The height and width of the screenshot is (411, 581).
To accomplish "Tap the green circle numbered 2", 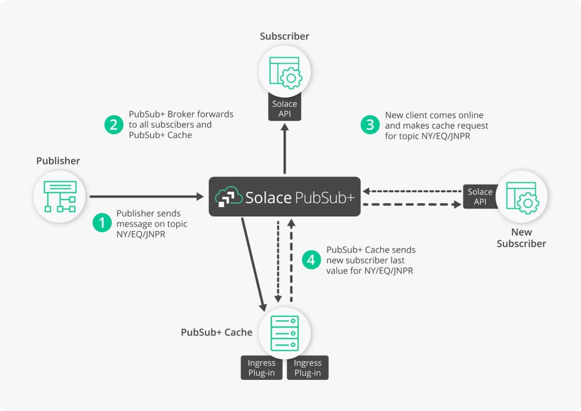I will [114, 125].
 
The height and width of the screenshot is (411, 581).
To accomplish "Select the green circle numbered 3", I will [370, 125].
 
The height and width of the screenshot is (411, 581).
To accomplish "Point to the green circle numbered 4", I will [311, 260].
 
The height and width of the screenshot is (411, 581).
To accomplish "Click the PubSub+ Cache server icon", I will [284, 333].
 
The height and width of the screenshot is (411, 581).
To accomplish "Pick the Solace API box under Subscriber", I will [284, 109].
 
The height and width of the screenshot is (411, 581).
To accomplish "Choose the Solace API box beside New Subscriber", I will [480, 196].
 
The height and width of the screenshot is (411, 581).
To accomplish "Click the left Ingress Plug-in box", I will [262, 368].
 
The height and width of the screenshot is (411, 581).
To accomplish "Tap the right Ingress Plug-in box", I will [308, 368].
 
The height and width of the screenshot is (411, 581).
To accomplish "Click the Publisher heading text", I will [58, 161].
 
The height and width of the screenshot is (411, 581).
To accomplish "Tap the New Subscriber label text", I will [521, 238].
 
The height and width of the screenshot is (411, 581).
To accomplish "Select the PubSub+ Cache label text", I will [216, 332].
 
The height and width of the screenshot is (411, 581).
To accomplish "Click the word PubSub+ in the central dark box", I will [325, 197].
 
